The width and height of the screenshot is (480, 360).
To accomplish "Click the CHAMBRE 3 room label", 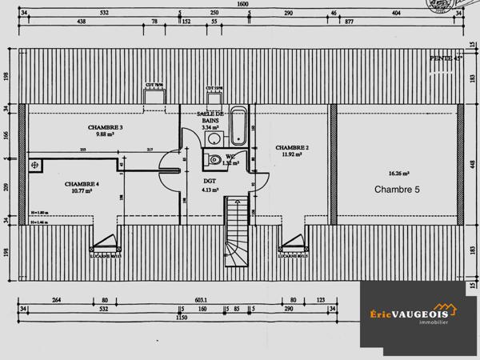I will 105,127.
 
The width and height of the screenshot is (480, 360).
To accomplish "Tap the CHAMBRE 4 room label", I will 82,183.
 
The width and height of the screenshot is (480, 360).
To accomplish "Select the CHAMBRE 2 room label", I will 292,148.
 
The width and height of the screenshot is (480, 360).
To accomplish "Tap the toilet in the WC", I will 213,161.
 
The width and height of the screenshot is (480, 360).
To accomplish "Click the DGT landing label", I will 210,181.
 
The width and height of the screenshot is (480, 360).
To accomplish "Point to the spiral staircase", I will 236,235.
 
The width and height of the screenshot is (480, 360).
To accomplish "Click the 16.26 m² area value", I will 398,173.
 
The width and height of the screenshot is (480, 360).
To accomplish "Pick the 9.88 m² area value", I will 105,134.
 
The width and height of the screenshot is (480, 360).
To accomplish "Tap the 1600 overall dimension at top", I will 242,4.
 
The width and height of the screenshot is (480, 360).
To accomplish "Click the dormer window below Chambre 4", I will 105,239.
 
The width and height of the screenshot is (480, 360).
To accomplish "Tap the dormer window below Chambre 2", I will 293,239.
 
